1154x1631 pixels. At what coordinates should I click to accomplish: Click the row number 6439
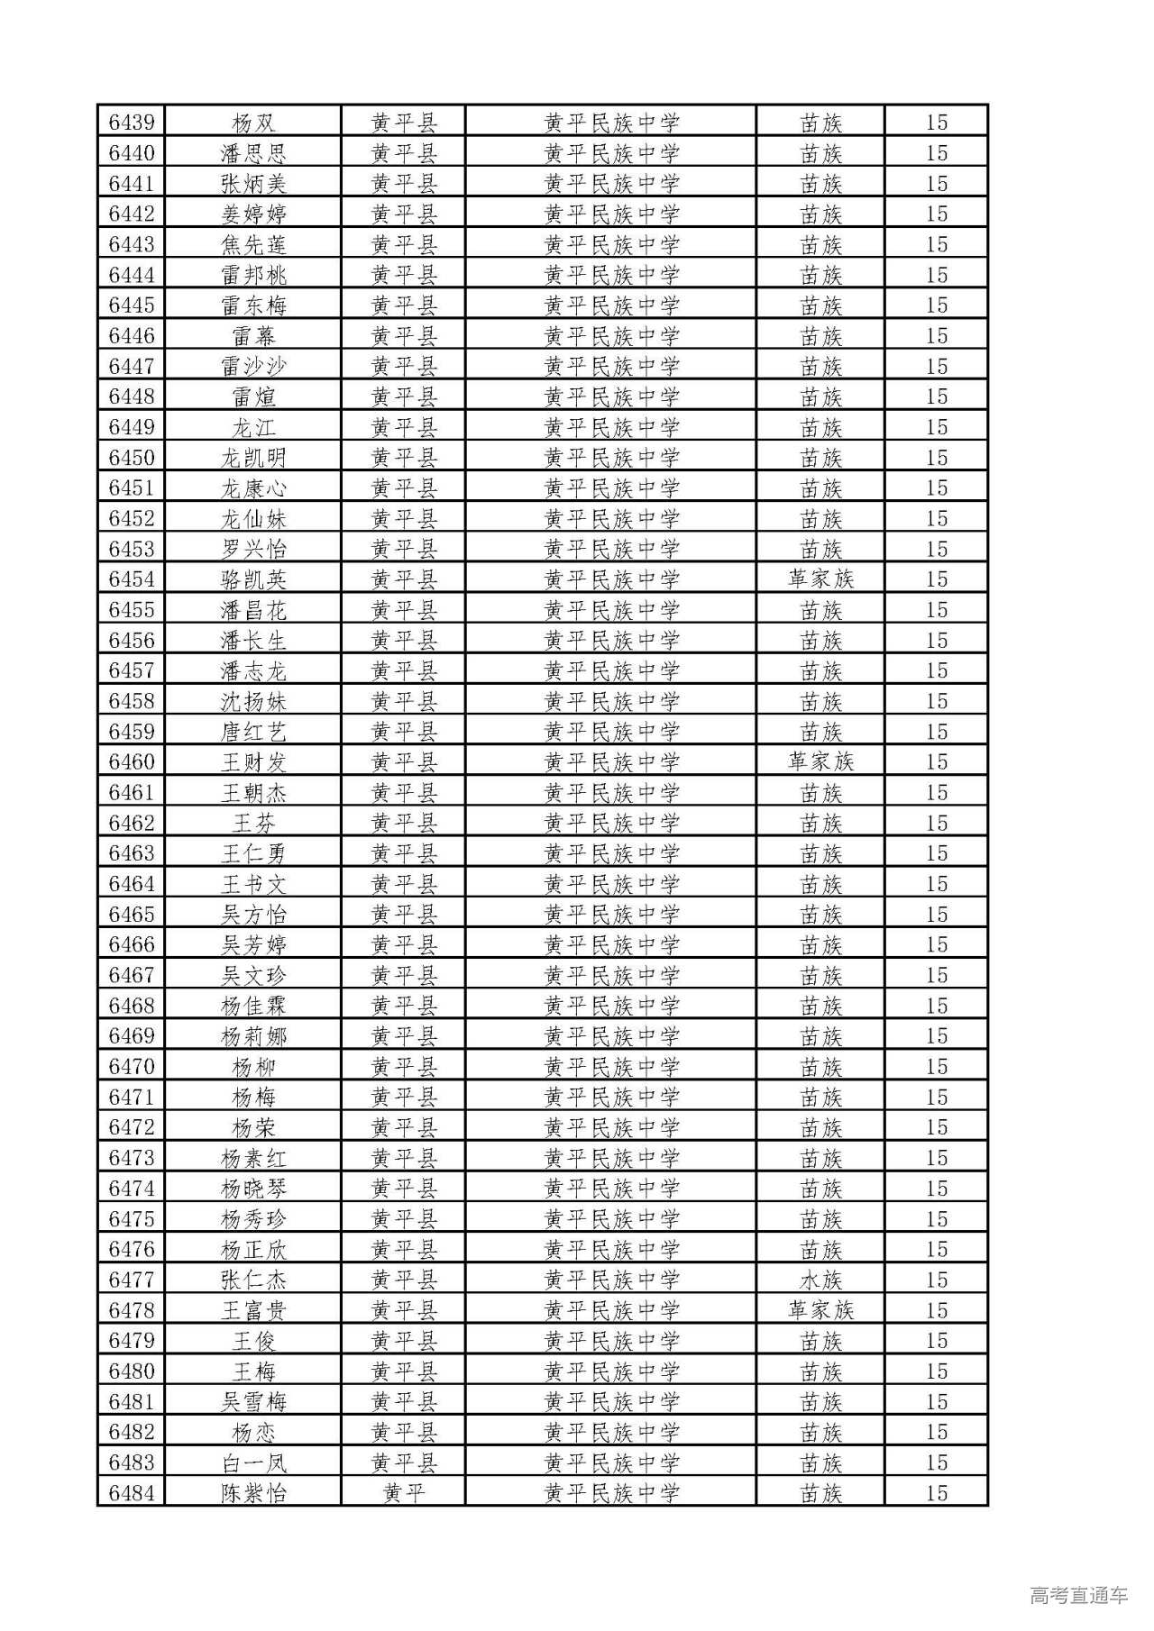(132, 123)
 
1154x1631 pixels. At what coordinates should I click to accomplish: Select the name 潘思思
(253, 153)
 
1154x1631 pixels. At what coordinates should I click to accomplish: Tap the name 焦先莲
(253, 245)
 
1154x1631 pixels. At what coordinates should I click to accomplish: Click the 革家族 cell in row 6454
(820, 579)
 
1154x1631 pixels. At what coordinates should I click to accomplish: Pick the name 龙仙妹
(253, 519)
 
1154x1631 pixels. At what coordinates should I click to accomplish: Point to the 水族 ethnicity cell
(820, 1280)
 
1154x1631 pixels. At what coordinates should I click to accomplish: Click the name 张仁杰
(253, 1280)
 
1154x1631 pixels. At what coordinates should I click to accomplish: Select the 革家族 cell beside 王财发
(820, 762)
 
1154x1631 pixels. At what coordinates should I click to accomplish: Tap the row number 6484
(132, 1493)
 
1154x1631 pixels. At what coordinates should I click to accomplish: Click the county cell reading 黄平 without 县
(403, 1493)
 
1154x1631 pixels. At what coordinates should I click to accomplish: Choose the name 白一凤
(253, 1462)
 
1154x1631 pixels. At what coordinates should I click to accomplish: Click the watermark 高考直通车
(1078, 1595)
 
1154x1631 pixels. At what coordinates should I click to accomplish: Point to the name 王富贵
(253, 1310)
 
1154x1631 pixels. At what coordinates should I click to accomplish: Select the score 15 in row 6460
(937, 762)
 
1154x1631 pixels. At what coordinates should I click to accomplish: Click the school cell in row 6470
(611, 1067)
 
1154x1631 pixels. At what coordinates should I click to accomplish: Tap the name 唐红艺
(253, 732)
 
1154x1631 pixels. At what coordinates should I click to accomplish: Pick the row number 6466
(132, 945)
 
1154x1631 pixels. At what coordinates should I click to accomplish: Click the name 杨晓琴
(253, 1189)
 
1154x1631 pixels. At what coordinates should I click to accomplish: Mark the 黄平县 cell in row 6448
(403, 396)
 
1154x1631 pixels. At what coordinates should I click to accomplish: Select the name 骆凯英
(253, 579)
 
